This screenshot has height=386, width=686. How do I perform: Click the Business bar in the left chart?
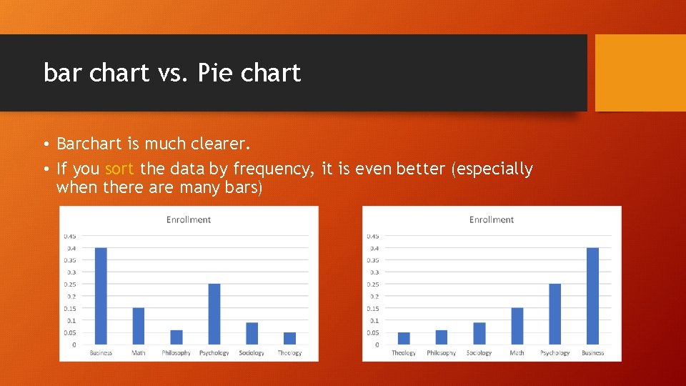(101, 296)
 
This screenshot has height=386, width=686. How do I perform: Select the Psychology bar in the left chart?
(214, 314)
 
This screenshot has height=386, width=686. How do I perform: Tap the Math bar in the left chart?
(139, 326)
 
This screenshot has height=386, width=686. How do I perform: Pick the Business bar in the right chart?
(592, 296)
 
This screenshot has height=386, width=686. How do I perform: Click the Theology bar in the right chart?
(404, 339)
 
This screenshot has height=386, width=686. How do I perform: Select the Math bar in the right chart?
(517, 326)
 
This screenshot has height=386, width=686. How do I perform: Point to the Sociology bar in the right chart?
(479, 334)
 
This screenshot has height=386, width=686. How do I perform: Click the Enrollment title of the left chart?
(189, 219)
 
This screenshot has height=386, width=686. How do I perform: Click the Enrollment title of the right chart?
(492, 219)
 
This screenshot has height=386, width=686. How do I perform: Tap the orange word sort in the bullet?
(120, 169)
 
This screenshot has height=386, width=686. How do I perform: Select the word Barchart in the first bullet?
(89, 144)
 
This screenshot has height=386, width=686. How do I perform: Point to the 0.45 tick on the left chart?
(70, 236)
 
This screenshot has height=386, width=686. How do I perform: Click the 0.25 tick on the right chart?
(373, 284)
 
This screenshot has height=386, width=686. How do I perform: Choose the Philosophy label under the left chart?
(176, 353)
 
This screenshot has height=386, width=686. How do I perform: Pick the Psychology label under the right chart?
(555, 353)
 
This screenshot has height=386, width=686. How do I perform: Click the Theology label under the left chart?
(289, 353)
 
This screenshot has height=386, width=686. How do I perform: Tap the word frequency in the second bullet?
(275, 169)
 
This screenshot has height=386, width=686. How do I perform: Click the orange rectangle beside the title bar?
(640, 73)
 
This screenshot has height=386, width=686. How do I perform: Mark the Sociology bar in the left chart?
(252, 334)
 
